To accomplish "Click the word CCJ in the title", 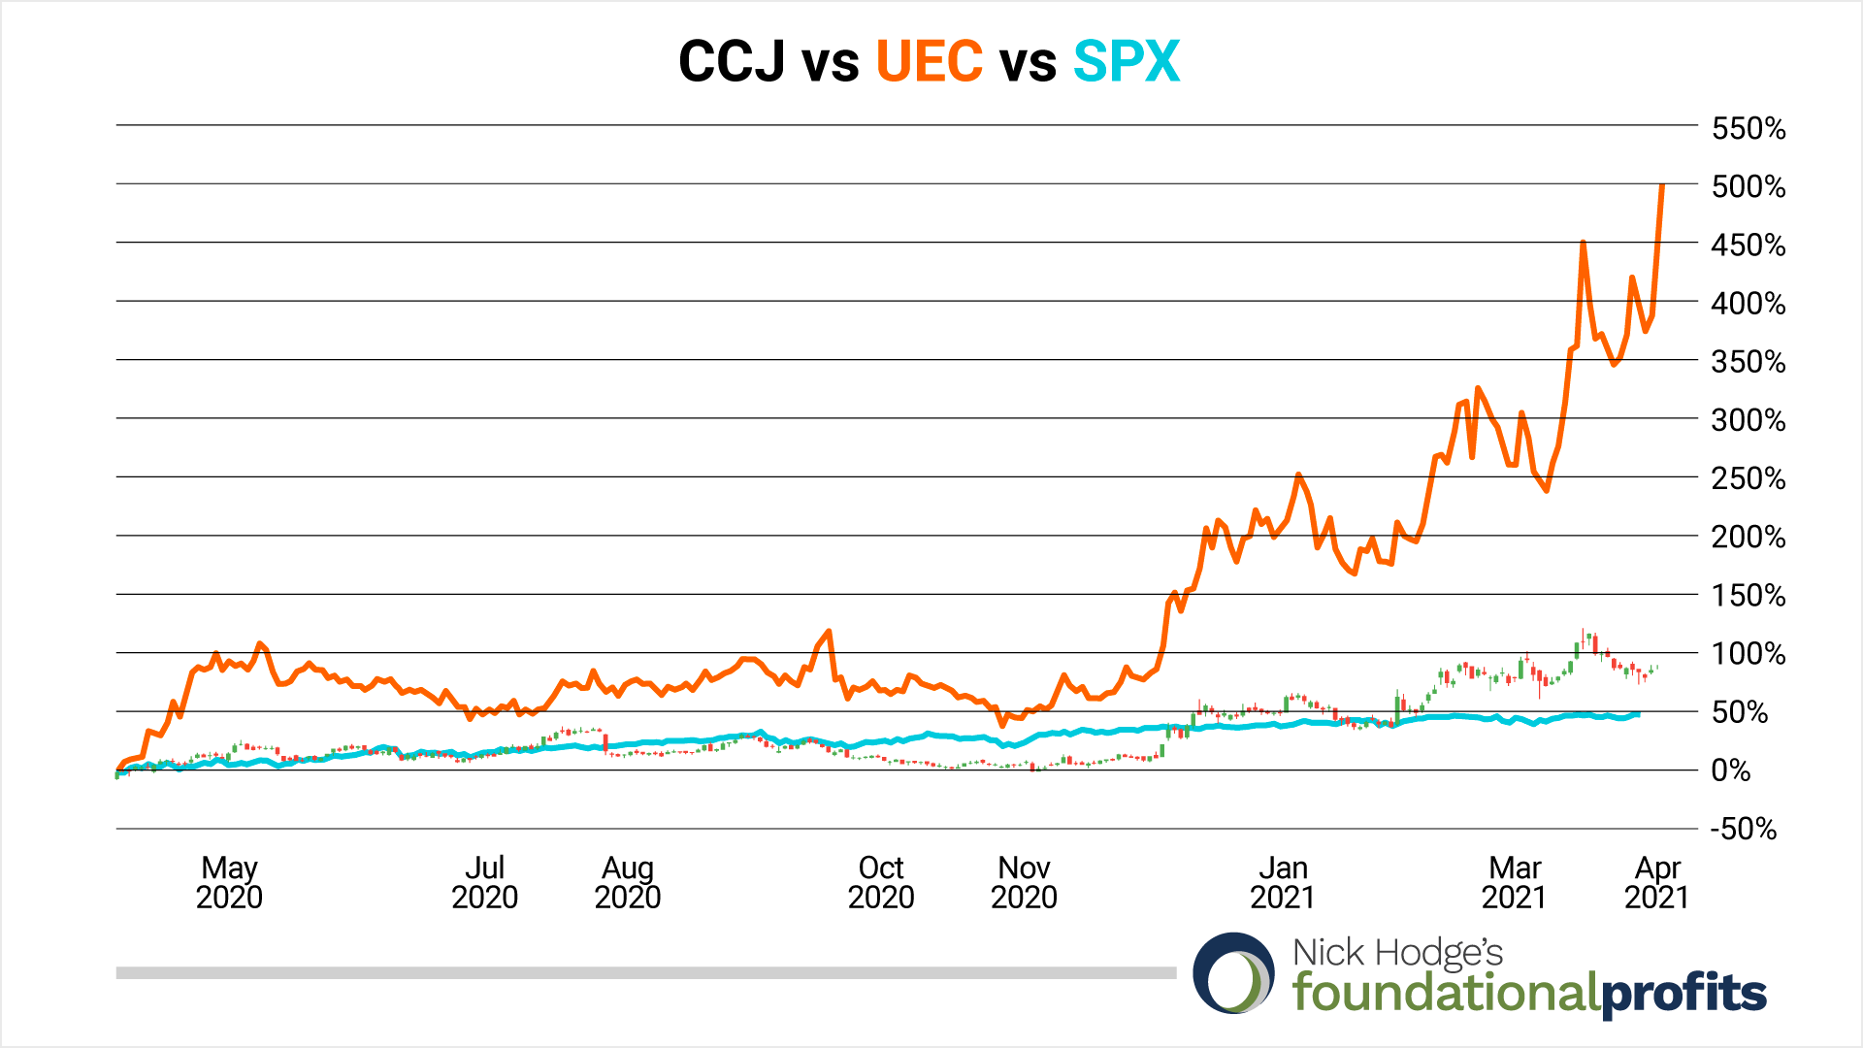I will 732,62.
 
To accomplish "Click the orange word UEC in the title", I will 929,62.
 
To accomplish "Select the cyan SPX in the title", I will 1126,62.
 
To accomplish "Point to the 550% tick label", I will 1748,128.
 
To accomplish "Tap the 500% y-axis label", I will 1748,186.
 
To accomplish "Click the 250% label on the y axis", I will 1748,478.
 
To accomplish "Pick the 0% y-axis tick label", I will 1730,770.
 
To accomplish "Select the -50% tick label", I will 1743,829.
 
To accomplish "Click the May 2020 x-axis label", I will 229,881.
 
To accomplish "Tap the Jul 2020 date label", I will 484,881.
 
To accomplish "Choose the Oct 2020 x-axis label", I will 881,881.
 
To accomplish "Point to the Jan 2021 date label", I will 1283,881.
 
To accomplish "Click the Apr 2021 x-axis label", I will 1656,881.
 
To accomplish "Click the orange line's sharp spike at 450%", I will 1583,243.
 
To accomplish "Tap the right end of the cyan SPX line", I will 1638,714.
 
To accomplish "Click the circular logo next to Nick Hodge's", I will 1234,973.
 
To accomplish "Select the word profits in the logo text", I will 1683,993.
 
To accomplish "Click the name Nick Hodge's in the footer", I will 1397,952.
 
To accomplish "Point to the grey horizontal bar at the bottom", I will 645,972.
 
